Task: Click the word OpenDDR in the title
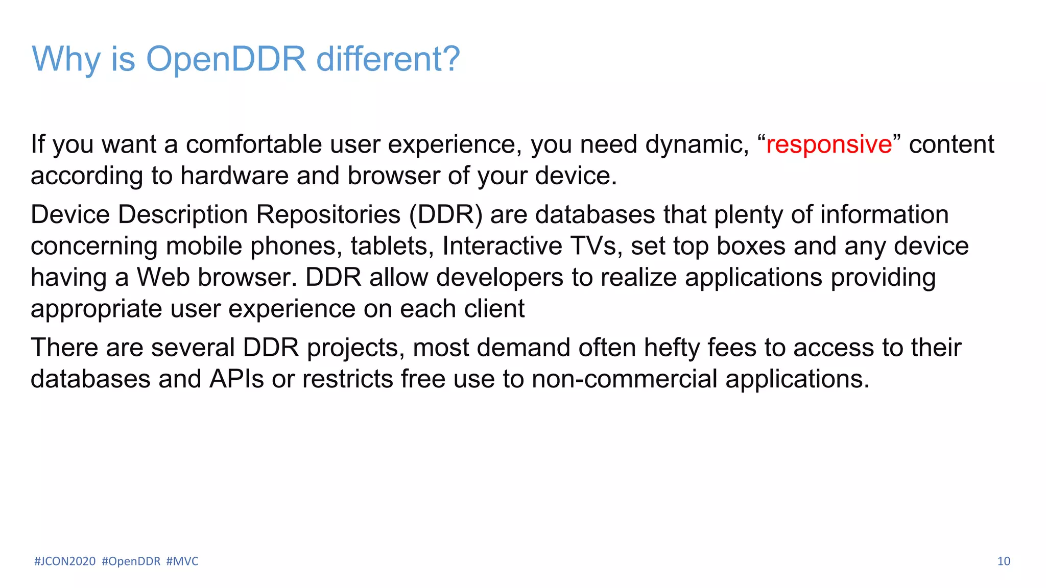tap(225, 59)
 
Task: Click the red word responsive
tap(828, 144)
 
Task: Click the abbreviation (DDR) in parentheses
tap(445, 215)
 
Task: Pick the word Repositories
tap(328, 215)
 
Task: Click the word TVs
tap(596, 246)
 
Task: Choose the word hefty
tap(671, 348)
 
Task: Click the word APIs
tap(236, 379)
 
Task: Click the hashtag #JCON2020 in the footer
tap(65, 561)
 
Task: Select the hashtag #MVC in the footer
tap(182, 561)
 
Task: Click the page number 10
tap(1003, 561)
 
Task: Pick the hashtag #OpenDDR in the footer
tap(131, 561)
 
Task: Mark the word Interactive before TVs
tap(502, 246)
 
